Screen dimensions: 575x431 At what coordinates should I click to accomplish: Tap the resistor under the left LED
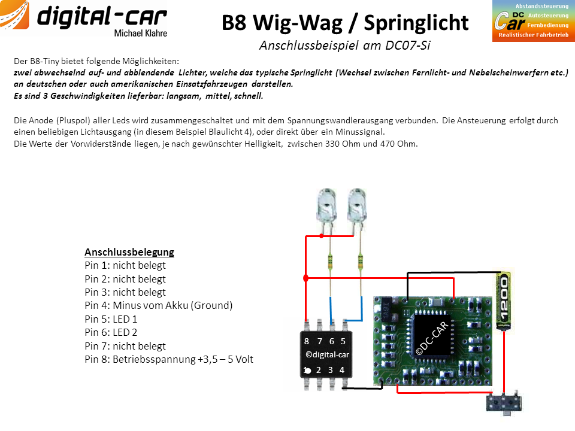coord(330,262)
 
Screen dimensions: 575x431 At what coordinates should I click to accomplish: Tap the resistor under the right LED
coord(361,262)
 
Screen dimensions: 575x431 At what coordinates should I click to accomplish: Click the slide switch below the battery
coord(504,403)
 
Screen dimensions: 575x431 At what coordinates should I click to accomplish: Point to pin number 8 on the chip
coord(307,341)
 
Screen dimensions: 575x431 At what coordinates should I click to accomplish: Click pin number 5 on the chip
coord(343,341)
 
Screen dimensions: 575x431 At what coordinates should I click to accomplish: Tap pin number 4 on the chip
coord(342,370)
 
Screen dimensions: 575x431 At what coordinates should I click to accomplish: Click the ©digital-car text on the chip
coord(327,355)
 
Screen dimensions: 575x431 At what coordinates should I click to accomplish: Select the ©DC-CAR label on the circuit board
coord(432,338)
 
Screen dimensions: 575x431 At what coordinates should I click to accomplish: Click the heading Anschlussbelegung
coord(129,252)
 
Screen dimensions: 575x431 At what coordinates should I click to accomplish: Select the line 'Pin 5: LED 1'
coord(111,319)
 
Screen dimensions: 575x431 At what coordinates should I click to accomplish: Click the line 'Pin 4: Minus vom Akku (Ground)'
coord(158,306)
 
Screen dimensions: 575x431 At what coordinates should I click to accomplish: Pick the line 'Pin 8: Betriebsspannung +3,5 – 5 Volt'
coord(169,359)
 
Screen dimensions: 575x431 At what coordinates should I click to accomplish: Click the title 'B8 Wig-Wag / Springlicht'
coord(345,23)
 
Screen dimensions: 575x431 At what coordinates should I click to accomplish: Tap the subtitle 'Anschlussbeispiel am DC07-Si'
coord(345,45)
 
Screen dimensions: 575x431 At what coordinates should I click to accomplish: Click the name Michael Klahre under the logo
coord(140,34)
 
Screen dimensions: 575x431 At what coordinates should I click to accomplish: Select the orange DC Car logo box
coord(534,21)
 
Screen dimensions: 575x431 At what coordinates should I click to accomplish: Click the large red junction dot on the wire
coord(306,278)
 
